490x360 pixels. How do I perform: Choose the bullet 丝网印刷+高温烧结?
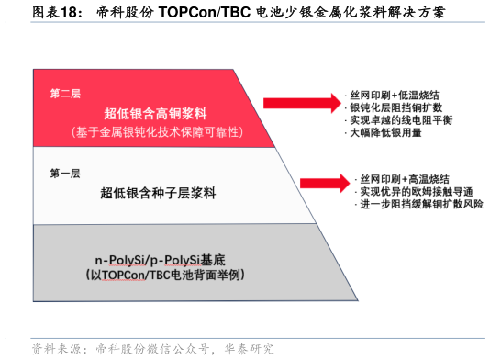click(405, 177)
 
